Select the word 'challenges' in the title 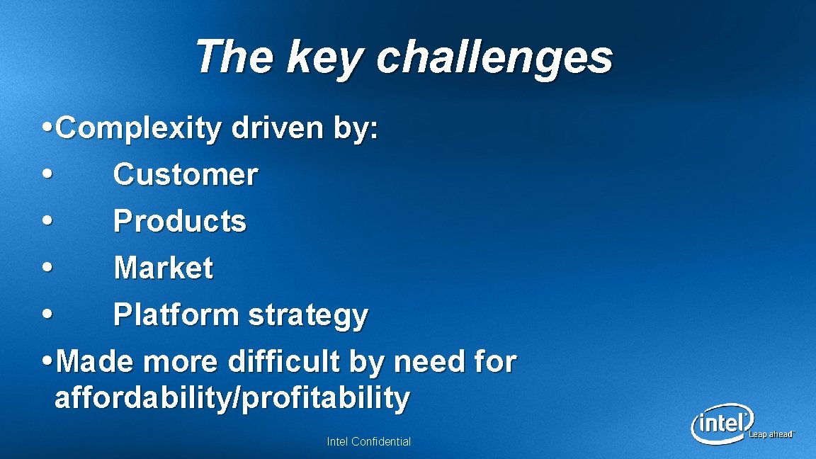point(494,58)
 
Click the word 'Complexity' point(138,129)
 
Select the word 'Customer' point(186,175)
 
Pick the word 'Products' point(180,222)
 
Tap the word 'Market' point(163,268)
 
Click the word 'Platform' point(176,315)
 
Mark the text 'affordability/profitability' point(232,398)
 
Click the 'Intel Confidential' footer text point(368,442)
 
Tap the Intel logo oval point(721,424)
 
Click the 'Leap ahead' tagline point(772,434)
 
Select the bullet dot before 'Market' point(47,268)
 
